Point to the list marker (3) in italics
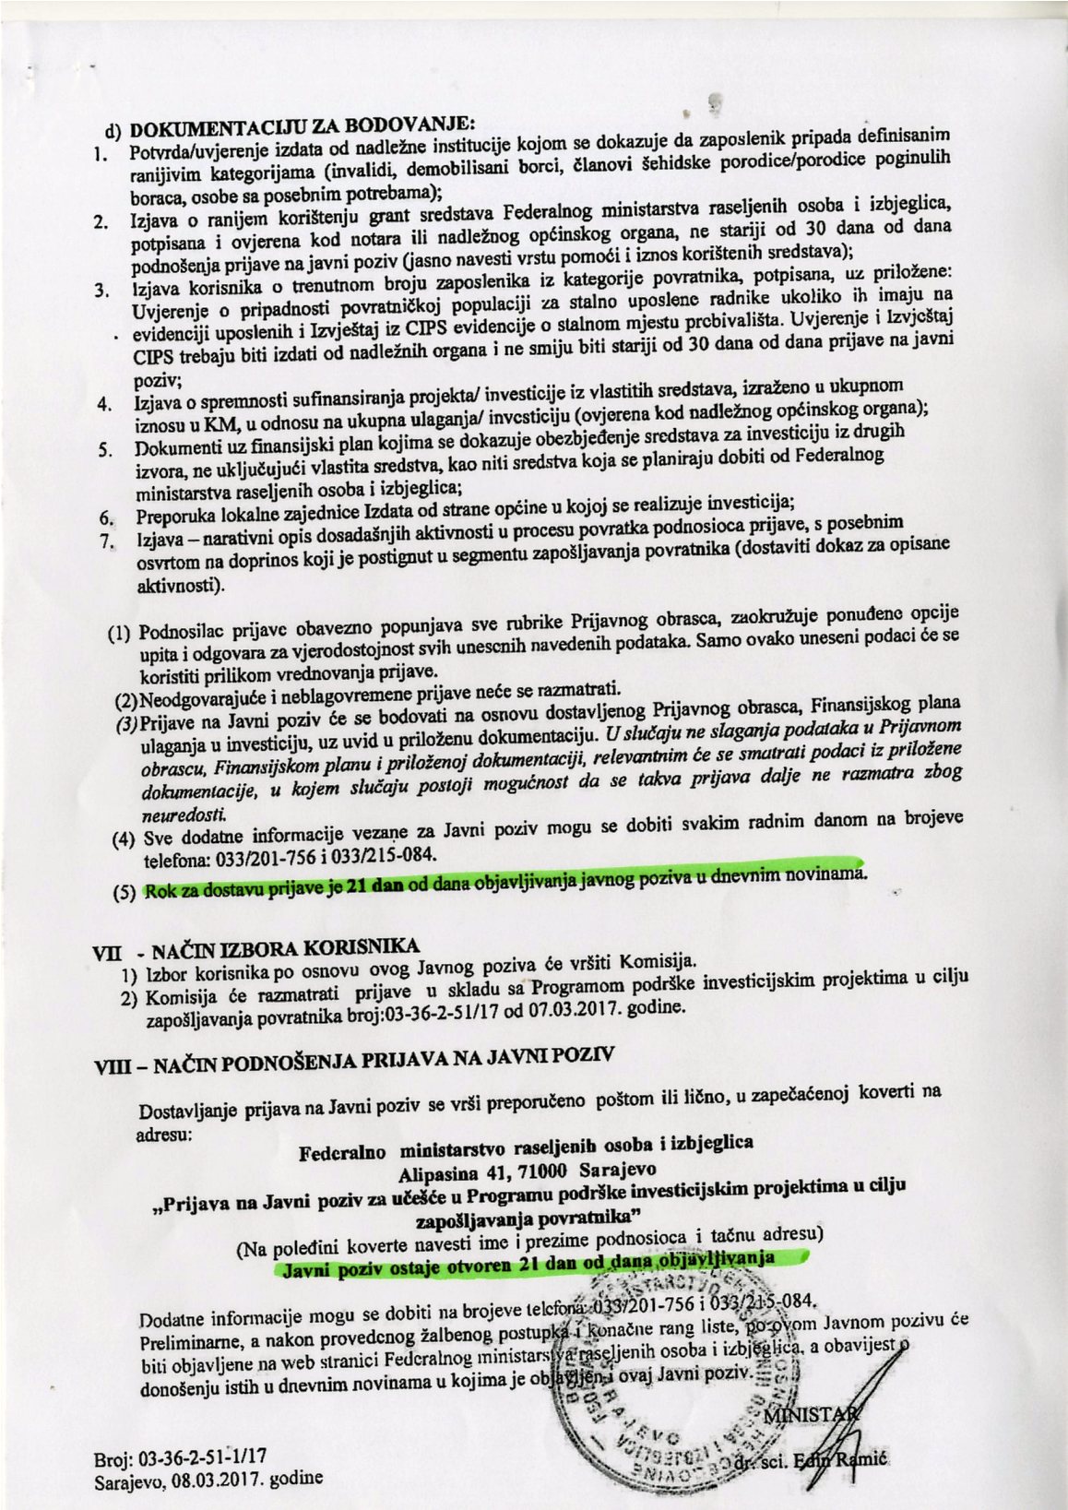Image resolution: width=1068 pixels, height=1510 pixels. [126, 721]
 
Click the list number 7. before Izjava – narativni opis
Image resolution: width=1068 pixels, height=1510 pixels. [104, 541]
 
